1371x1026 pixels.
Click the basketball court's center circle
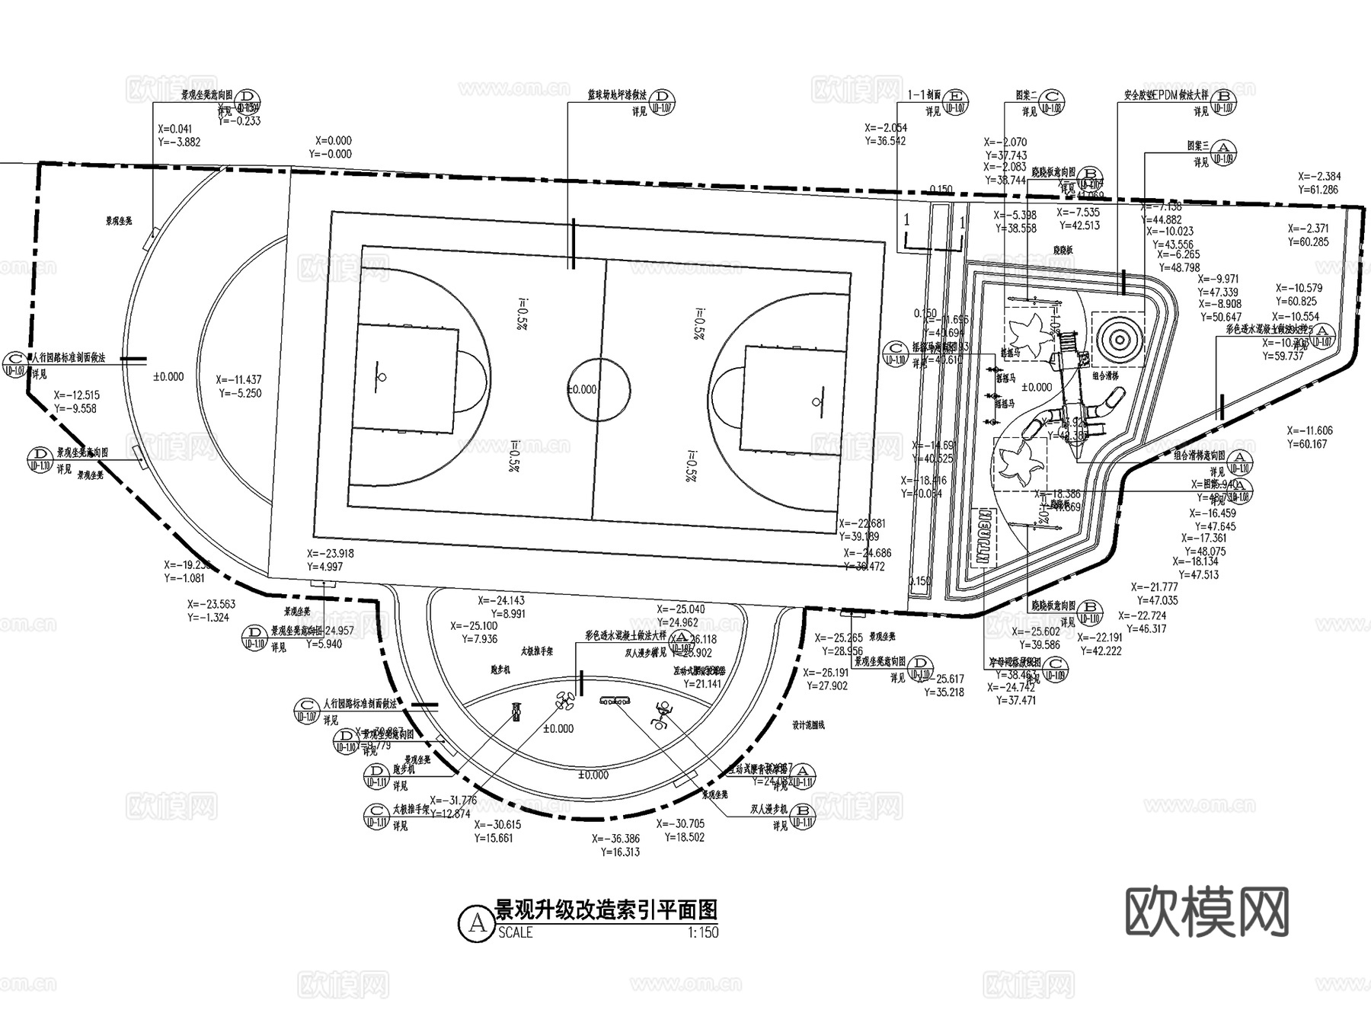click(599, 389)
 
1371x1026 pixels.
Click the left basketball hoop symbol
click(381, 377)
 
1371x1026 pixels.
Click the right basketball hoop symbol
click(817, 401)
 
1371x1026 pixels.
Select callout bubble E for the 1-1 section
click(957, 97)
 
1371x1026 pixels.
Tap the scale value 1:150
click(702, 932)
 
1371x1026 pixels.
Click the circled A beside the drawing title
click(477, 922)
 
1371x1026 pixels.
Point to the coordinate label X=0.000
click(334, 141)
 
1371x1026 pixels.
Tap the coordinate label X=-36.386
click(616, 839)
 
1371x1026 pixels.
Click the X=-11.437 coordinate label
click(239, 379)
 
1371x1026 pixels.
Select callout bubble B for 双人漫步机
click(802, 810)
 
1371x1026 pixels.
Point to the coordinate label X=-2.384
click(1319, 177)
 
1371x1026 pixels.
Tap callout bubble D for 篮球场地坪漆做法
click(664, 97)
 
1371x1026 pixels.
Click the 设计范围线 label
click(808, 725)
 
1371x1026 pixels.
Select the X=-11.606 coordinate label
click(1309, 431)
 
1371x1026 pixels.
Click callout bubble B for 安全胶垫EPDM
click(1224, 97)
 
